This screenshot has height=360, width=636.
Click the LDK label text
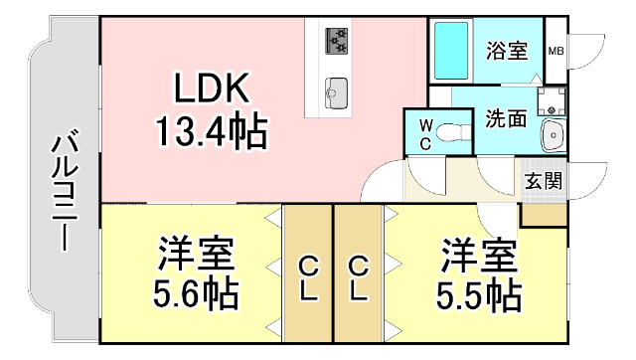coord(212,91)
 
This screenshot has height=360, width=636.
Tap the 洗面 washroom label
coord(505,118)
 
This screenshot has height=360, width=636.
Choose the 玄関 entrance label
coord(544,181)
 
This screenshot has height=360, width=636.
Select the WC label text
coord(424,132)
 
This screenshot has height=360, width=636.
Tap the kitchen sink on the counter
coord(335,90)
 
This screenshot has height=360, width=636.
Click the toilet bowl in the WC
coord(453,132)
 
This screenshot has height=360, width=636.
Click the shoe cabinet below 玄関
coord(544,212)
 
